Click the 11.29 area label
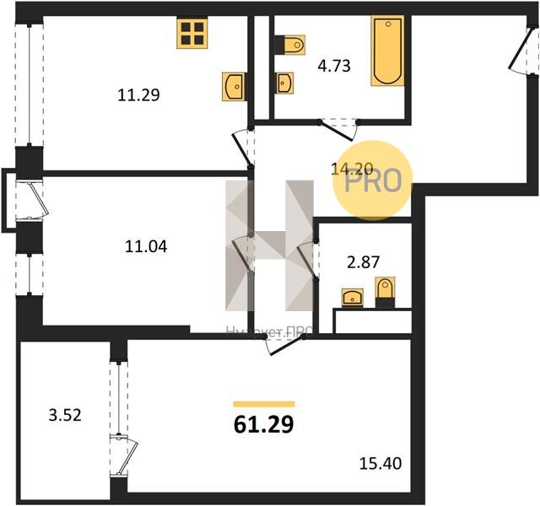138,95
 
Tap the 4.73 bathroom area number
335,64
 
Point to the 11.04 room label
145,247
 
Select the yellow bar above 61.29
263,405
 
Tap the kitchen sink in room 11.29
233,86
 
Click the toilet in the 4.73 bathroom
289,44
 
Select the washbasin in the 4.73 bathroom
284,83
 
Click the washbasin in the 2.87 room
352,296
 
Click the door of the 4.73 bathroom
340,129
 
